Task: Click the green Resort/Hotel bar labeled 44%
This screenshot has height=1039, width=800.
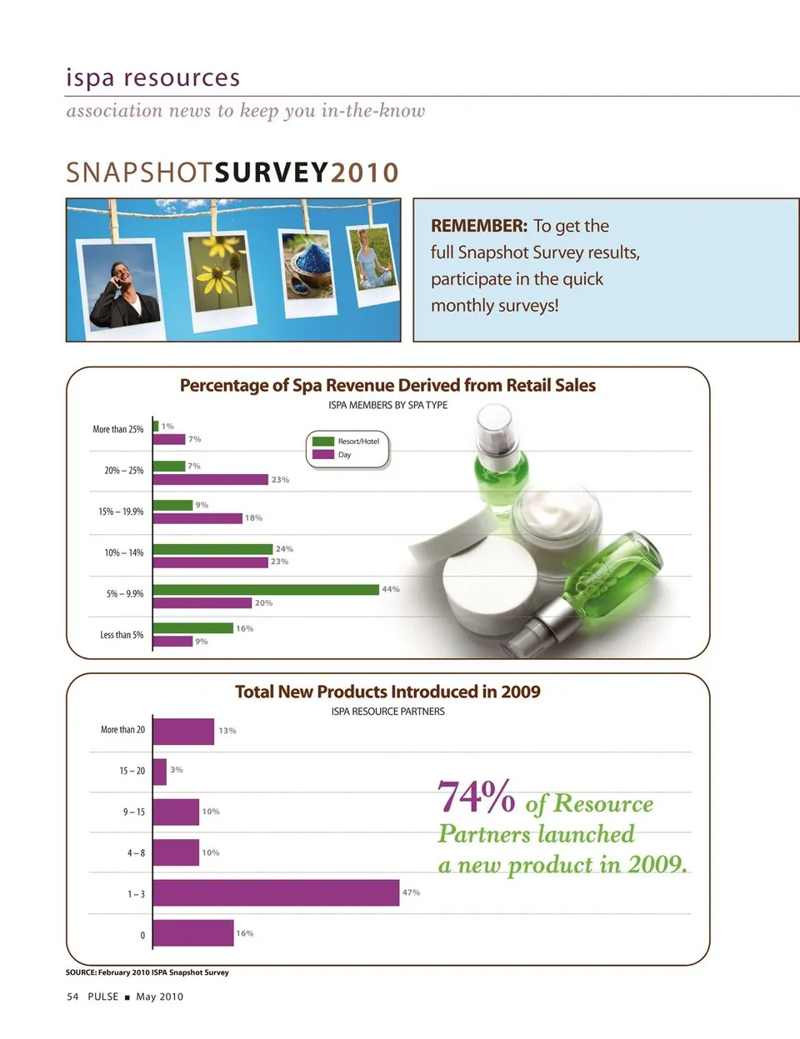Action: click(x=266, y=590)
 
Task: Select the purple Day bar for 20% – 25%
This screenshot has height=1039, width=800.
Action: click(x=211, y=480)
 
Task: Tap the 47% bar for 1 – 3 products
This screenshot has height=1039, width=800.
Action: click(x=276, y=892)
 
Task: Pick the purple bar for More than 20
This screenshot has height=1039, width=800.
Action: click(x=183, y=731)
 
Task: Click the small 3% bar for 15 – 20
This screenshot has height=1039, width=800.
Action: click(x=160, y=771)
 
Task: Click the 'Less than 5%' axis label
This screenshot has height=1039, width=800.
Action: click(x=122, y=635)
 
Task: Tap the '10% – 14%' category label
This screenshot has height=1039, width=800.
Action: click(x=123, y=553)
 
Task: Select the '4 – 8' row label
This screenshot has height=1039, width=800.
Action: click(x=136, y=853)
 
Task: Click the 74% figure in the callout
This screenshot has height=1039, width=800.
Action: click(x=476, y=797)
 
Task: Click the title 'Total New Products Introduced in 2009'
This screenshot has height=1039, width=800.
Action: click(x=387, y=692)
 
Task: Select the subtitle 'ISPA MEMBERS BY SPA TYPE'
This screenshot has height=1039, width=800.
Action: click(x=387, y=405)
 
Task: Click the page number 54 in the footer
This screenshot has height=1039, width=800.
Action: click(x=72, y=997)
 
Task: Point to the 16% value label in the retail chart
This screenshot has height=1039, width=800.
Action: click(x=244, y=629)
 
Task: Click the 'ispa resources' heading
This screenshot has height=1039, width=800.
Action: click(x=153, y=77)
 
